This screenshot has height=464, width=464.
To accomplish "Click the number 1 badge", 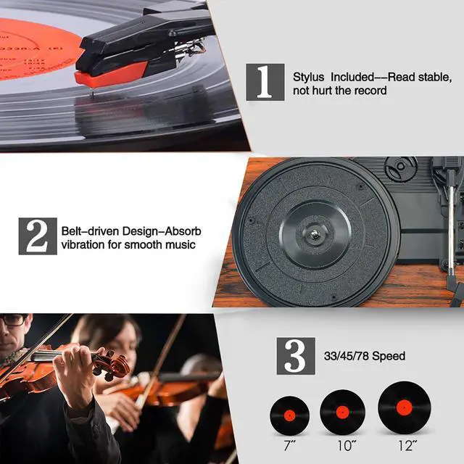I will coord(265,81).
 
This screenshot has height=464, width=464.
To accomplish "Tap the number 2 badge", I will coord(37,236).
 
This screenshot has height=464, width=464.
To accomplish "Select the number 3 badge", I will coord(295,355).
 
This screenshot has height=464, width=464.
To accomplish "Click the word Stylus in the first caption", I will coord(308,77).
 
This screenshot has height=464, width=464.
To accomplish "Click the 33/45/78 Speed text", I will coord(364,356).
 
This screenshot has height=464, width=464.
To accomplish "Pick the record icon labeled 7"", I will coord(289,413).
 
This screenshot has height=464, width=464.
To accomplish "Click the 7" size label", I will coord(289,442).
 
